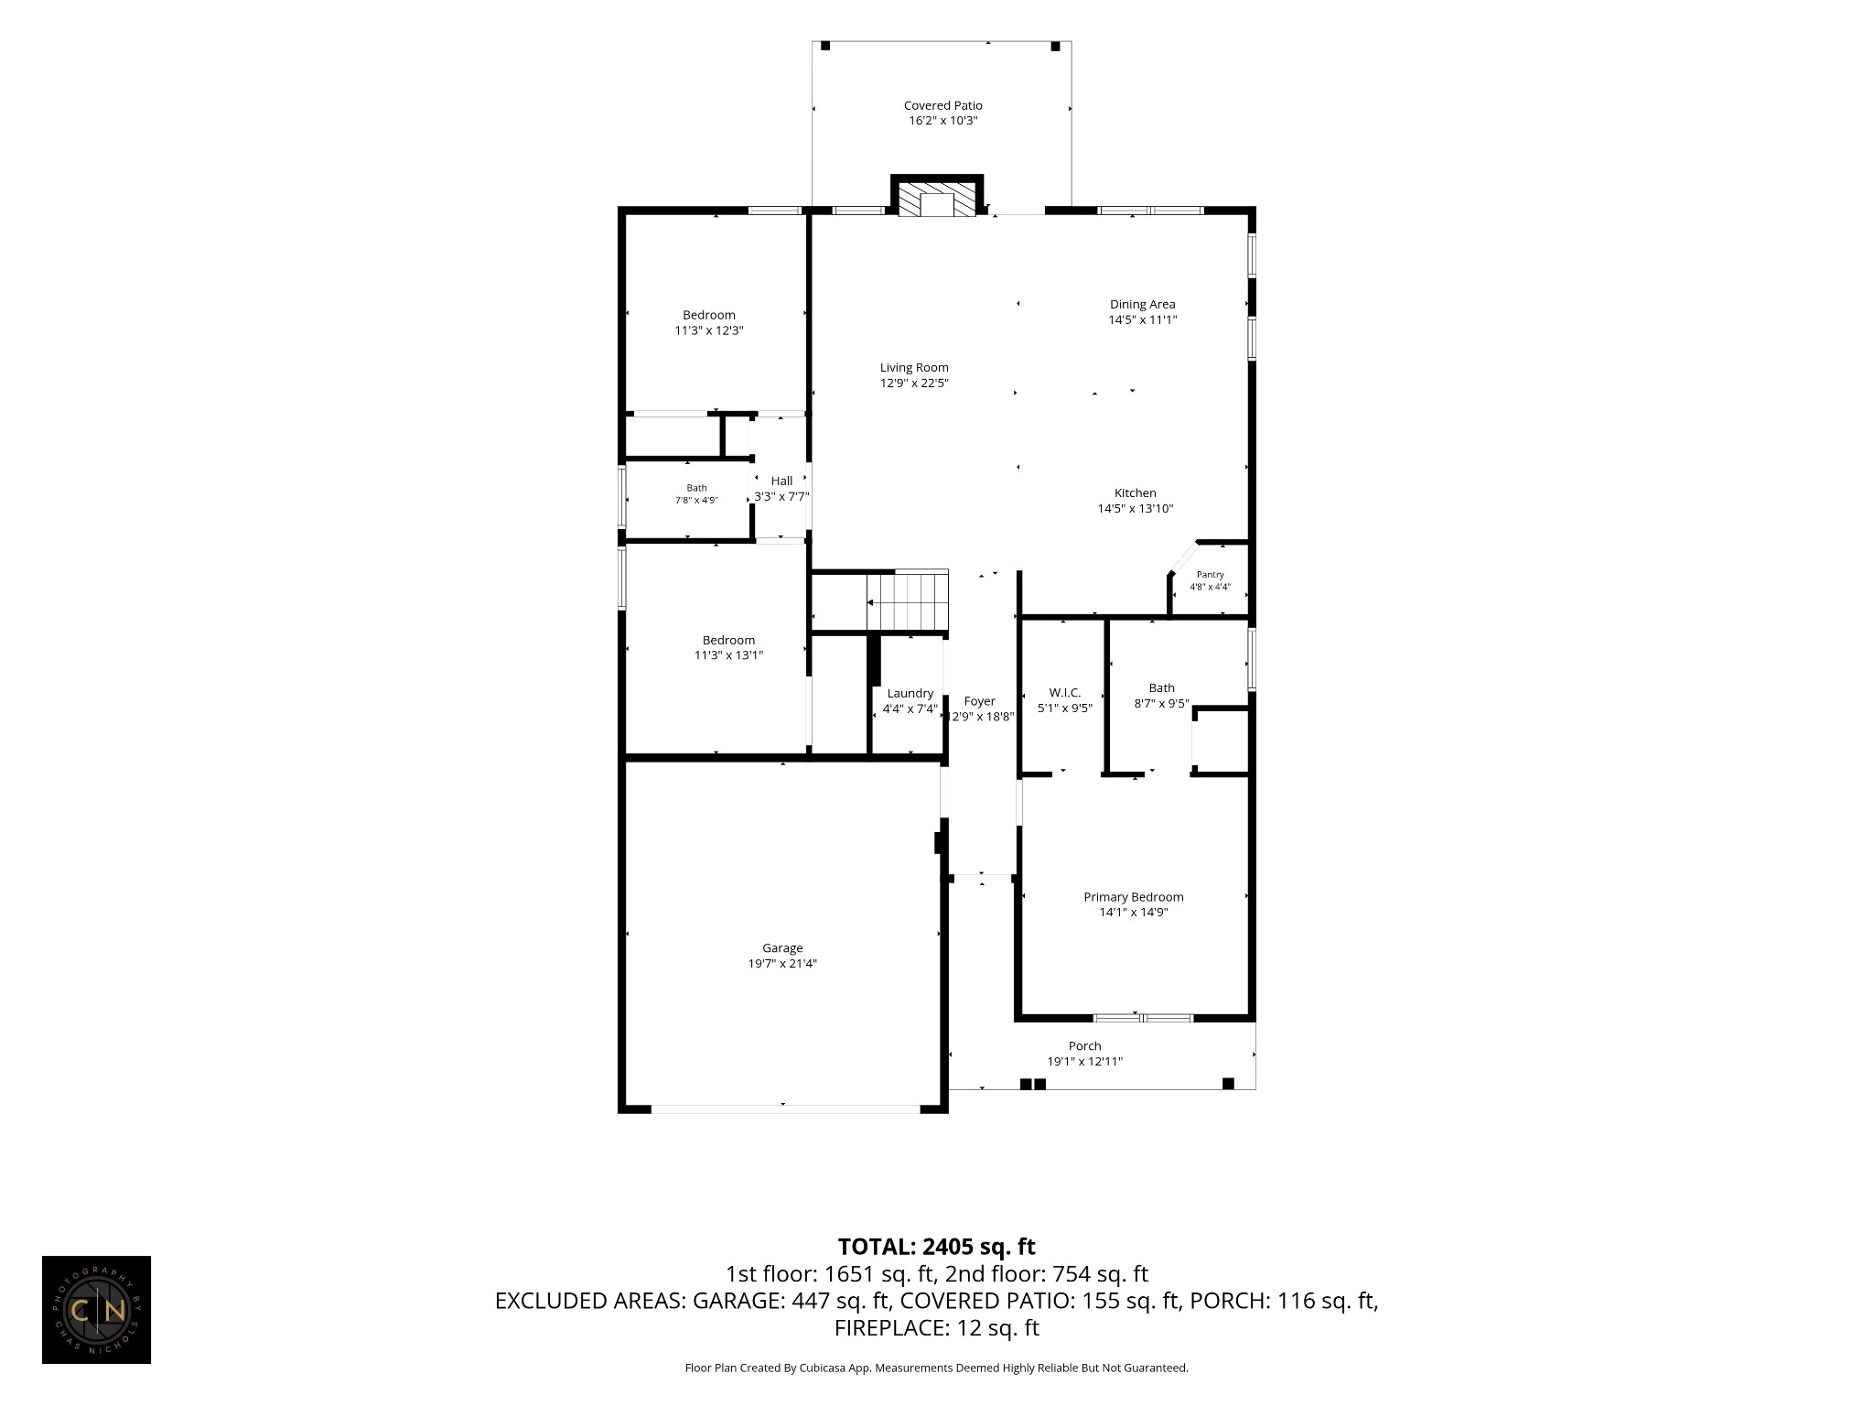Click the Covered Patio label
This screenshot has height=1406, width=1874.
pyautogui.click(x=942, y=105)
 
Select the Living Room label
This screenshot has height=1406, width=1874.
pyautogui.click(x=914, y=368)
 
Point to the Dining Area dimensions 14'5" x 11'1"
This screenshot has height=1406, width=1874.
pyautogui.click(x=1142, y=320)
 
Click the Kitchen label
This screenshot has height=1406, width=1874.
pyautogui.click(x=1135, y=493)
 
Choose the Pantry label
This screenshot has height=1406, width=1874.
pyautogui.click(x=1210, y=575)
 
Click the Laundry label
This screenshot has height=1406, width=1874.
pyautogui.click(x=910, y=694)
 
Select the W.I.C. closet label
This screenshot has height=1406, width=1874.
pyautogui.click(x=1064, y=693)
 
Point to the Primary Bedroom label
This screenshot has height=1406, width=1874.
pyautogui.click(x=1133, y=897)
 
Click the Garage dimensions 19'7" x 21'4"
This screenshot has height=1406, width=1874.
pyautogui.click(x=782, y=964)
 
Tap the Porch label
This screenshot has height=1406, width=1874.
pyautogui.click(x=1084, y=1046)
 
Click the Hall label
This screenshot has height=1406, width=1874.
pyautogui.click(x=781, y=481)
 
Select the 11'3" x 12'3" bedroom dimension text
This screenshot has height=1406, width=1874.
pyautogui.click(x=709, y=331)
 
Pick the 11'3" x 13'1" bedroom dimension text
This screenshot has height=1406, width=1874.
pyautogui.click(x=728, y=655)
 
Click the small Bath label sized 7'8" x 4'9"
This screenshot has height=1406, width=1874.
pyautogui.click(x=696, y=489)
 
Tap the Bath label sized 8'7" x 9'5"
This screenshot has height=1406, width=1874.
pyautogui.click(x=1161, y=688)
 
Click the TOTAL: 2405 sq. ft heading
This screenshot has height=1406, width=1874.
pyautogui.click(x=937, y=1247)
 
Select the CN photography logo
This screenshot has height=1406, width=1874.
pyautogui.click(x=96, y=1310)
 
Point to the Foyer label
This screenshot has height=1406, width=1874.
pyautogui.click(x=979, y=702)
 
